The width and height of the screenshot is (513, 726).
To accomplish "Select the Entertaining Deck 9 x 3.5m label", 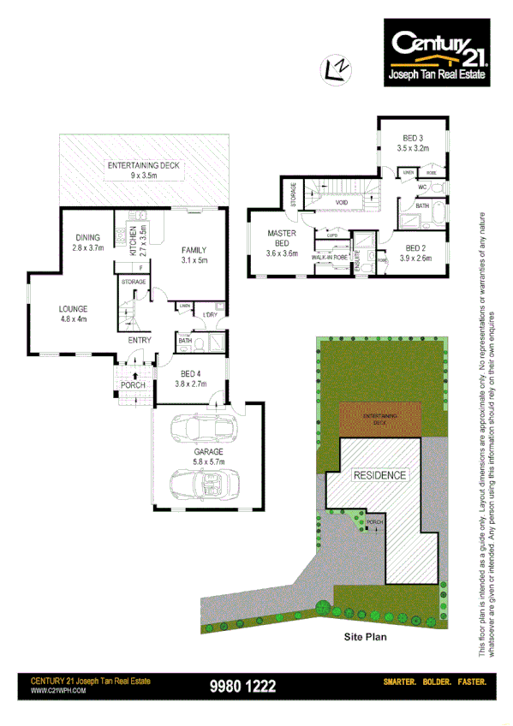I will pyautogui.click(x=142, y=171).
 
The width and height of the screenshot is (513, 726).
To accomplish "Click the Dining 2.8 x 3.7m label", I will pyautogui.click(x=87, y=243).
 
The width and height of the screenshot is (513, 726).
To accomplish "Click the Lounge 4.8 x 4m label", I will pyautogui.click(x=74, y=314).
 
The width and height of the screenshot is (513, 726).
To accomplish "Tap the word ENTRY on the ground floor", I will pyautogui.click(x=140, y=340).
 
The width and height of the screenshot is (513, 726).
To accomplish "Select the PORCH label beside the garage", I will pyautogui.click(x=133, y=385).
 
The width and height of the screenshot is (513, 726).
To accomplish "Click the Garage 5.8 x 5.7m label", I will pyautogui.click(x=208, y=456).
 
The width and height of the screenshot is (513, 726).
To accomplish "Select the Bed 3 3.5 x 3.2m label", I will pyautogui.click(x=414, y=143).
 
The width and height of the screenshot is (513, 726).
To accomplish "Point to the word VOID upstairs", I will pyautogui.click(x=341, y=203).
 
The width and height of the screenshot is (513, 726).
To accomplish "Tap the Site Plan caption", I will pyautogui.click(x=366, y=637).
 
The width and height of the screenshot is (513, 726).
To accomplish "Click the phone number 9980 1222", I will pyautogui.click(x=242, y=686).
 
